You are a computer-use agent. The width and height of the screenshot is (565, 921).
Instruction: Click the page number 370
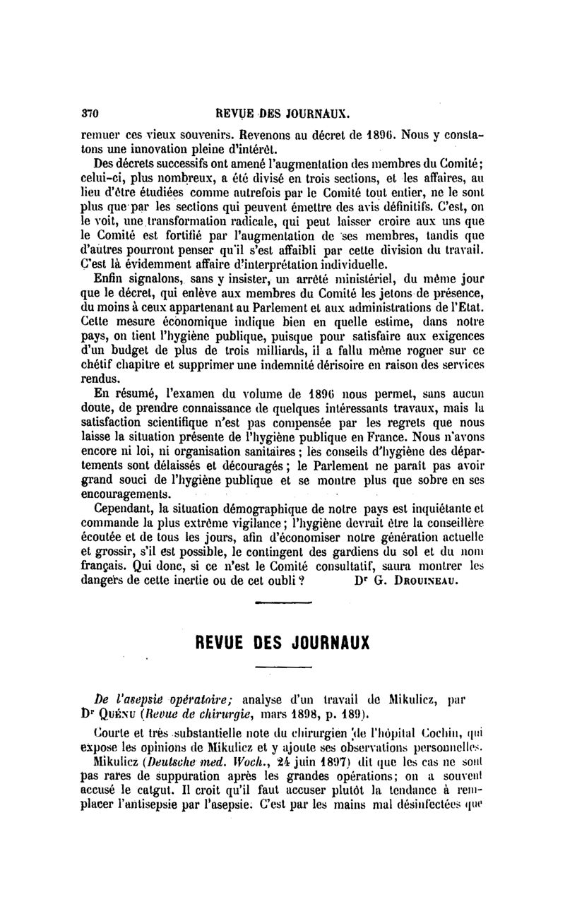[x=90, y=113]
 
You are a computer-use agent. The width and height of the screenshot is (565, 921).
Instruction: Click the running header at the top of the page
[x=283, y=113]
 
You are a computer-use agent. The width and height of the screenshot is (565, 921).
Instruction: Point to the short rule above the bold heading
[x=278, y=602]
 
